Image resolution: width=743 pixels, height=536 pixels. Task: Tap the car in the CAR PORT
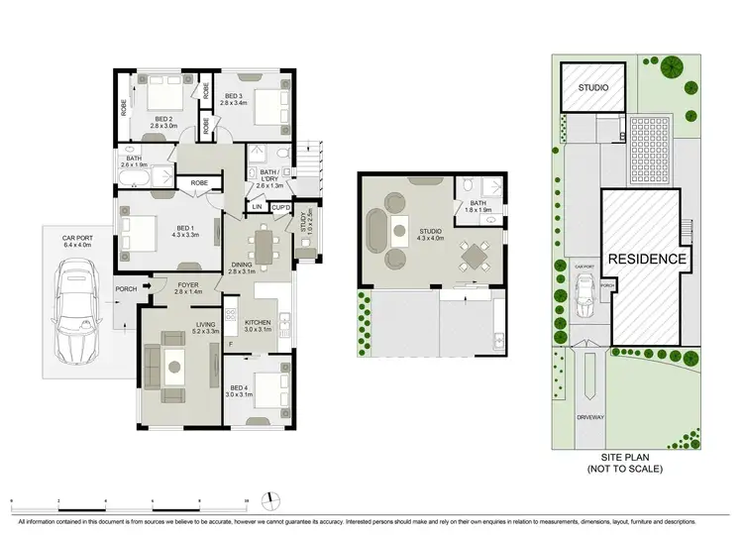(x=75, y=310)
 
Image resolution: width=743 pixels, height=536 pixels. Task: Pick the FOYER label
(x=188, y=288)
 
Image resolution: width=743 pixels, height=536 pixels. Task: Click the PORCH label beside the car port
(x=126, y=290)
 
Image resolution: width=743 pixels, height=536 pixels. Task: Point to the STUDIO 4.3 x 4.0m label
(x=430, y=234)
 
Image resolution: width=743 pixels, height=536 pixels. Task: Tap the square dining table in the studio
(x=475, y=257)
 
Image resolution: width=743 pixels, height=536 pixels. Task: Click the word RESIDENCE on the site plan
(x=648, y=259)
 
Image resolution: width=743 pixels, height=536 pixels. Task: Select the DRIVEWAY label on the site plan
(x=590, y=417)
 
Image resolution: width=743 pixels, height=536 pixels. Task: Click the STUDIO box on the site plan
(x=593, y=88)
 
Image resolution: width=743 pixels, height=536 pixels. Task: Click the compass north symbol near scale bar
(x=266, y=497)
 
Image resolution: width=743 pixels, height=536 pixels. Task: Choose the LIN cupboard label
(x=256, y=207)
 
